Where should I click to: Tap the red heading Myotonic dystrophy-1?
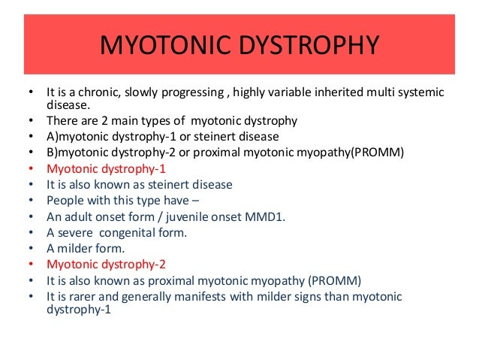(104, 168)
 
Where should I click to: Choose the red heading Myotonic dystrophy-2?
(104, 265)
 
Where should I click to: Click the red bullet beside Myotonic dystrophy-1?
(30, 169)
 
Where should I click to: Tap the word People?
(65, 201)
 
